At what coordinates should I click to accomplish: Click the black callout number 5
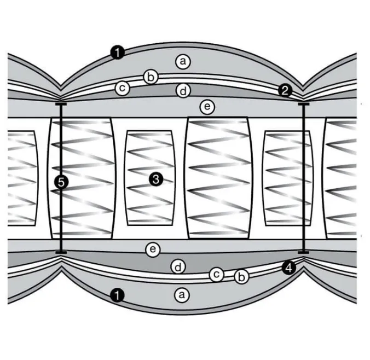(61, 182)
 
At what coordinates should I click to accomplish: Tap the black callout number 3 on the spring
(156, 179)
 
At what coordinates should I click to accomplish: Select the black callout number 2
(285, 90)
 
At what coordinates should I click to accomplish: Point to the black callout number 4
(289, 268)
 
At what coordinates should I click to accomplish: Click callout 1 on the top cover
(118, 53)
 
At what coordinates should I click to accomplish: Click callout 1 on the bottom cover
(117, 295)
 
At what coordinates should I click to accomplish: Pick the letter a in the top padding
(183, 62)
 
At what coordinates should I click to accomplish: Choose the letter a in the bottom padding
(182, 295)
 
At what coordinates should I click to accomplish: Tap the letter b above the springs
(151, 77)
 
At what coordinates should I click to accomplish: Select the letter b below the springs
(241, 276)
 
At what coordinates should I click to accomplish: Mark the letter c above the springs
(122, 88)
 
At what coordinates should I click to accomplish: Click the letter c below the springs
(216, 274)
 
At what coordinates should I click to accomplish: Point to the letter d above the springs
(183, 91)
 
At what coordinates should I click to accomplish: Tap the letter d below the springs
(178, 267)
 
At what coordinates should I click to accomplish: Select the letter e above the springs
(207, 107)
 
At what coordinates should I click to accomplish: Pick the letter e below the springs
(153, 249)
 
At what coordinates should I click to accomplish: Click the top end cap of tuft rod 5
(61, 104)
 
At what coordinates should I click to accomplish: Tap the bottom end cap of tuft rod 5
(61, 252)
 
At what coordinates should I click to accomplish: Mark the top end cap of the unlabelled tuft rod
(304, 104)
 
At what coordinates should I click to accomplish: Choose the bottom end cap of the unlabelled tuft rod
(303, 252)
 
